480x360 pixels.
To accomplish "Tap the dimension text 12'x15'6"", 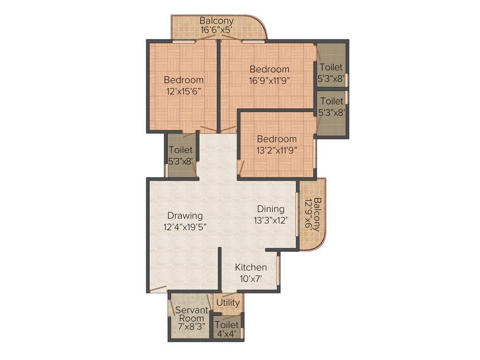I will tap(184, 91).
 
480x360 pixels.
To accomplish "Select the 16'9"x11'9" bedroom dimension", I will tap(269, 80).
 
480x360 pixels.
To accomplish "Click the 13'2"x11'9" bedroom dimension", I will tap(277, 150).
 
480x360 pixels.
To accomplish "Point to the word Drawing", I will tap(185, 216).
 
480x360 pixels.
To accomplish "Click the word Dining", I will tap(270, 209).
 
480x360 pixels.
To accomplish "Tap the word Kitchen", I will tap(251, 268).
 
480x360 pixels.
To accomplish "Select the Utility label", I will tap(228, 303).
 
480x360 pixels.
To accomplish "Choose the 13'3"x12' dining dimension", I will tap(270, 220).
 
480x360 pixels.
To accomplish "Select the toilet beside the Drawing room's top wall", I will tap(181, 155).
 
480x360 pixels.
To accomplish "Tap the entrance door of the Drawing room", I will tap(158, 289).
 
